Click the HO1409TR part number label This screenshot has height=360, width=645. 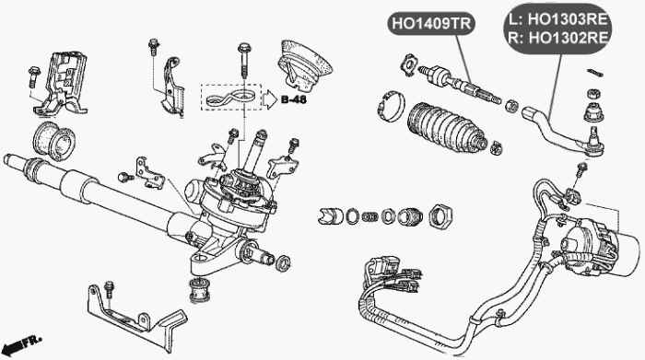click(x=429, y=24)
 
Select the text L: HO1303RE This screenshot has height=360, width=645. click(x=557, y=17)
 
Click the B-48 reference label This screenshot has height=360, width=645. click(x=294, y=99)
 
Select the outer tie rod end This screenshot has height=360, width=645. click(x=557, y=130)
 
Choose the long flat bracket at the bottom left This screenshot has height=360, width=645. click(x=138, y=312)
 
